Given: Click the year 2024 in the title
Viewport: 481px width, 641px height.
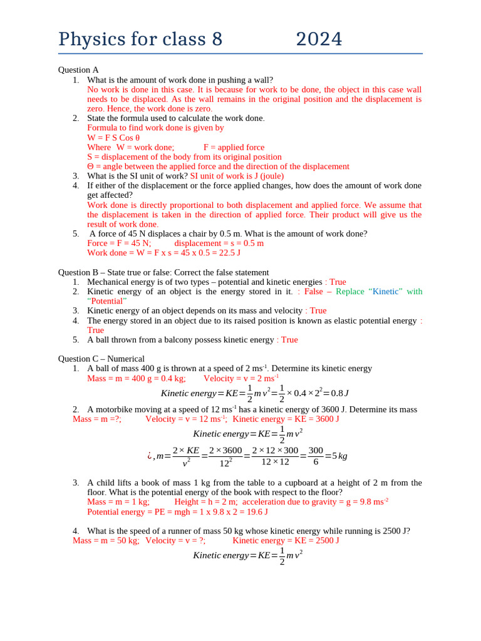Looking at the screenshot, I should click(x=319, y=39).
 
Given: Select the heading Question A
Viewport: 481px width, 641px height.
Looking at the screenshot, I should click(x=78, y=70).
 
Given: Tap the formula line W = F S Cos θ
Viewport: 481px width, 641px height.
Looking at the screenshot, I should click(x=113, y=138).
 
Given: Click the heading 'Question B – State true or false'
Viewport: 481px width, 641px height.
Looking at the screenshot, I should click(x=163, y=272).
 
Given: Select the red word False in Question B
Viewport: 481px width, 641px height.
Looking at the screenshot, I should click(x=314, y=291).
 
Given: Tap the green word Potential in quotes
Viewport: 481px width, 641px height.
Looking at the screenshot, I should click(x=107, y=300).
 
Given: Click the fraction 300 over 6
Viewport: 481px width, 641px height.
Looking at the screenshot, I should click(x=316, y=456).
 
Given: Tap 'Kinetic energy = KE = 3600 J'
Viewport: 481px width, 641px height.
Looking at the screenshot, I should click(x=286, y=419).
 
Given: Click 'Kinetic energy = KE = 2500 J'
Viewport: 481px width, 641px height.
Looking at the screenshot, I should click(x=286, y=540).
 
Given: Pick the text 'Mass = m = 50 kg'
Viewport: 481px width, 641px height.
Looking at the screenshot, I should click(x=106, y=540).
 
